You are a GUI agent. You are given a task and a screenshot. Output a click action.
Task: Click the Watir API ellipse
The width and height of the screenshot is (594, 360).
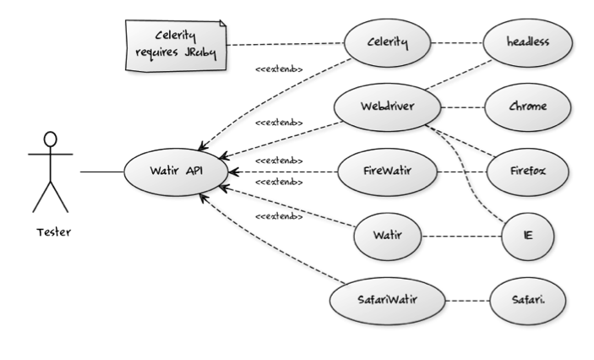pos(176,172)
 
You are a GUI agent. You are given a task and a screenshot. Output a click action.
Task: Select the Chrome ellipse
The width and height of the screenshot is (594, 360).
pos(516,107)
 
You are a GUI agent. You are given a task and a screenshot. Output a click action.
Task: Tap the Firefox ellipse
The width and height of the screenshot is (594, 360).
pos(516,172)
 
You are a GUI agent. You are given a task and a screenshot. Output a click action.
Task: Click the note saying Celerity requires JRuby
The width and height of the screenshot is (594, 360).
pos(177,41)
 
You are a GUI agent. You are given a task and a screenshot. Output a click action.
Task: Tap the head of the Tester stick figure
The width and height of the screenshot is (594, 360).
pos(50,138)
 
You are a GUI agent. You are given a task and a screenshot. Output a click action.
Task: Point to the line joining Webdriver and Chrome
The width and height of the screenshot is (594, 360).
pos(463,107)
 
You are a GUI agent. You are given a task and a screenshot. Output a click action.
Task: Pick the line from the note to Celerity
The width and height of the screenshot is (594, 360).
pos(287,44)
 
